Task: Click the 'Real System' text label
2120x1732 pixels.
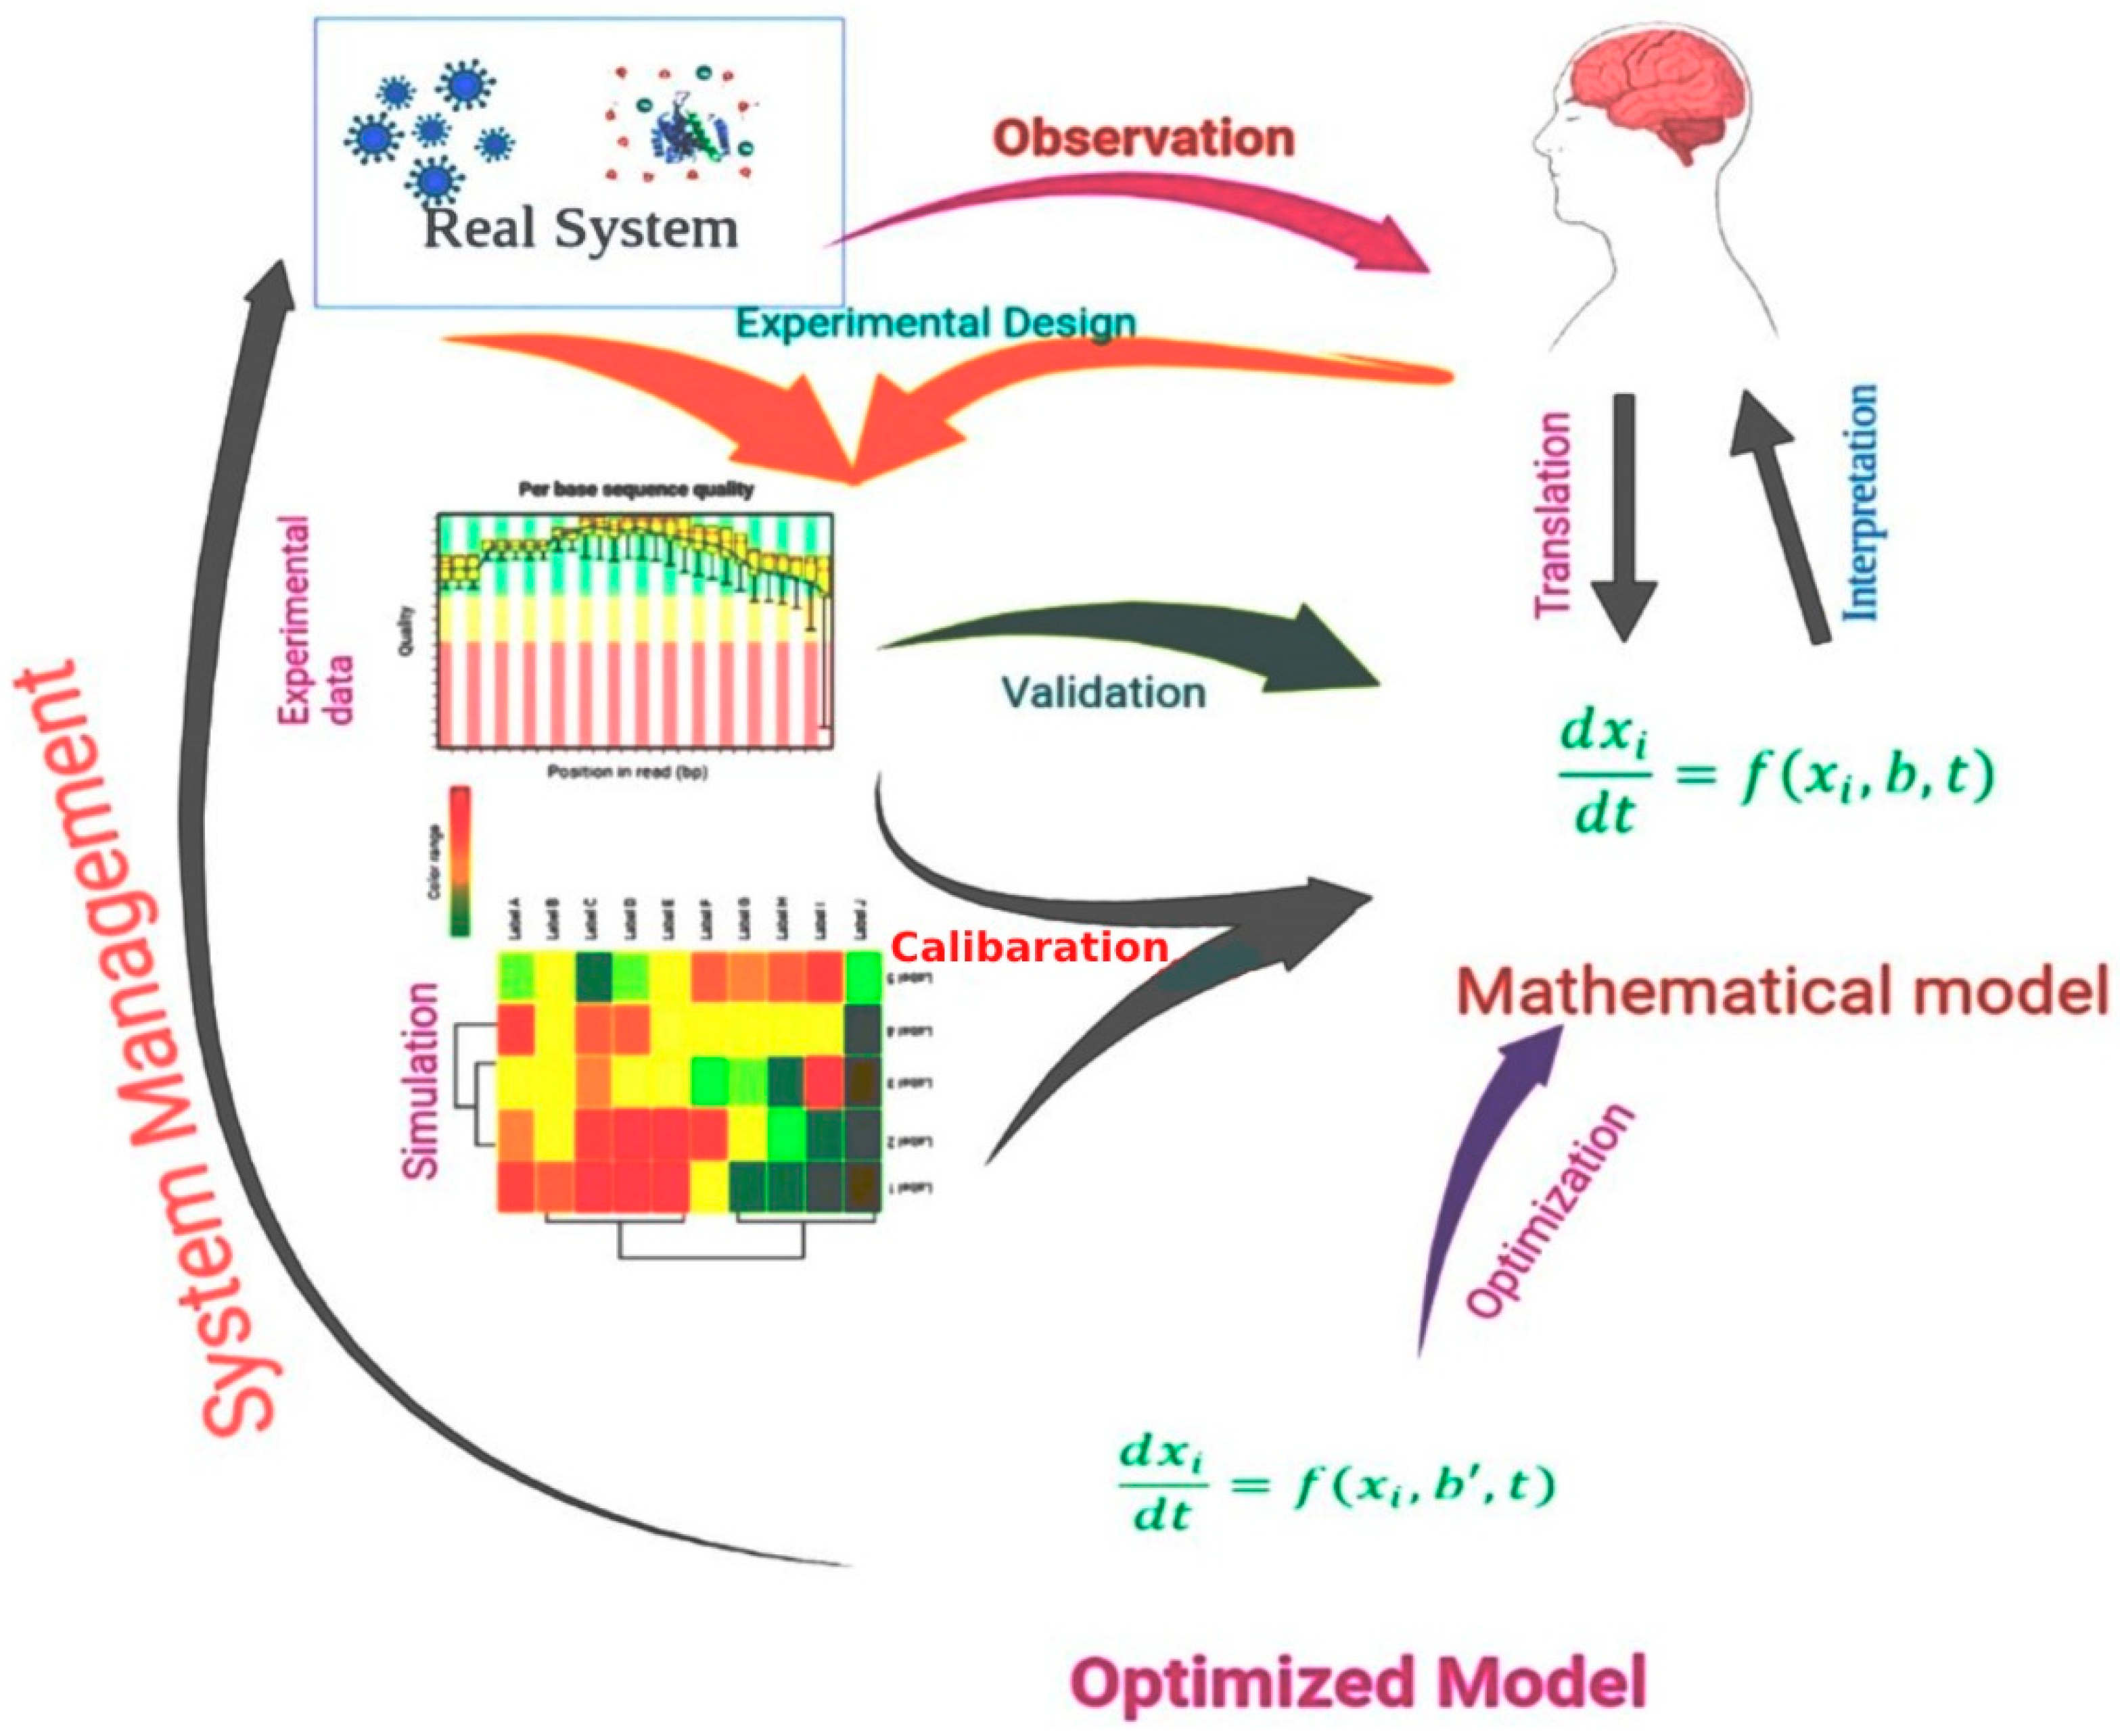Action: [x=580, y=228]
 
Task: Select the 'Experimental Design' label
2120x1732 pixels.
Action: [x=936, y=323]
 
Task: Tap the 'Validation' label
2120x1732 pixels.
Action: [x=1103, y=692]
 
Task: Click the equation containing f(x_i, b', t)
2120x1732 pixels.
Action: [x=1337, y=1489]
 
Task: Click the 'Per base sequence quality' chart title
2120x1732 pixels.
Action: [x=636, y=490]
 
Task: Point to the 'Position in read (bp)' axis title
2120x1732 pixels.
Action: [x=627, y=771]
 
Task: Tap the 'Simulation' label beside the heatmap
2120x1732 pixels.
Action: [x=420, y=1082]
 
